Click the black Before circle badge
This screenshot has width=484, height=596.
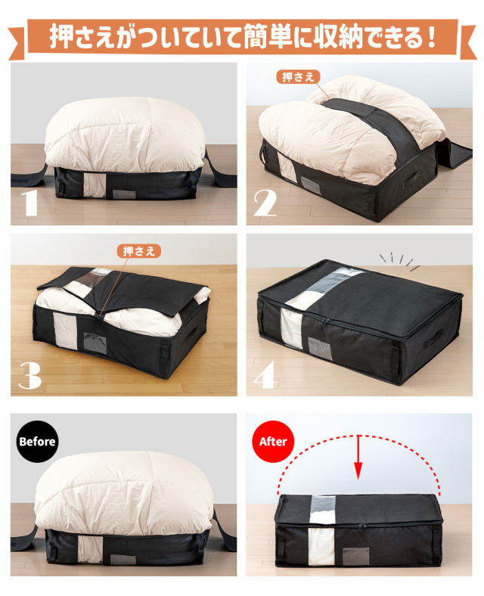coord(38,441)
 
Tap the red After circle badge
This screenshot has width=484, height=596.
coord(273,441)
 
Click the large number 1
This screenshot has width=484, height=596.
coord(29,203)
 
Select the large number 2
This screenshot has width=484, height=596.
coord(265,203)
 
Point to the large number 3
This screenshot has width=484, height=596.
coord(29,375)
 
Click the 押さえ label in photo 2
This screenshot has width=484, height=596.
coord(298,77)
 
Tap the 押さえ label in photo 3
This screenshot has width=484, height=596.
coord(138,251)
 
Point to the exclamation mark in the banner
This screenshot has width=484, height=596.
coord(430,38)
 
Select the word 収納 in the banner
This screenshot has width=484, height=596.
coord(341,37)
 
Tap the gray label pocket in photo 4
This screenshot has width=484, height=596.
coord(319,349)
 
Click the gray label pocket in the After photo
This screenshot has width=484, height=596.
coord(355,556)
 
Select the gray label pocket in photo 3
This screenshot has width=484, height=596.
coord(95,343)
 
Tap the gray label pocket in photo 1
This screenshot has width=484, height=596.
coord(124,194)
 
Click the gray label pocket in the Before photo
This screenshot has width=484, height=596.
coord(123,559)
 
